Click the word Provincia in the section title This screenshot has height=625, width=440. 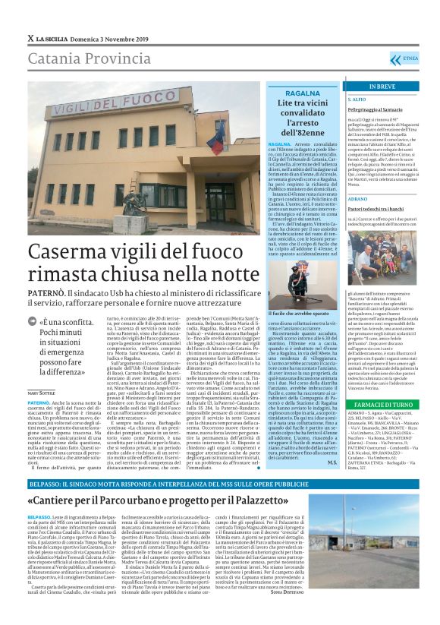pyautogui.click(x=115, y=58)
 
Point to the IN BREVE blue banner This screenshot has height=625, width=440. pyautogui.click(x=388, y=87)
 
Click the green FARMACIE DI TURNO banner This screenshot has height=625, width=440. pyautogui.click(x=388, y=406)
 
